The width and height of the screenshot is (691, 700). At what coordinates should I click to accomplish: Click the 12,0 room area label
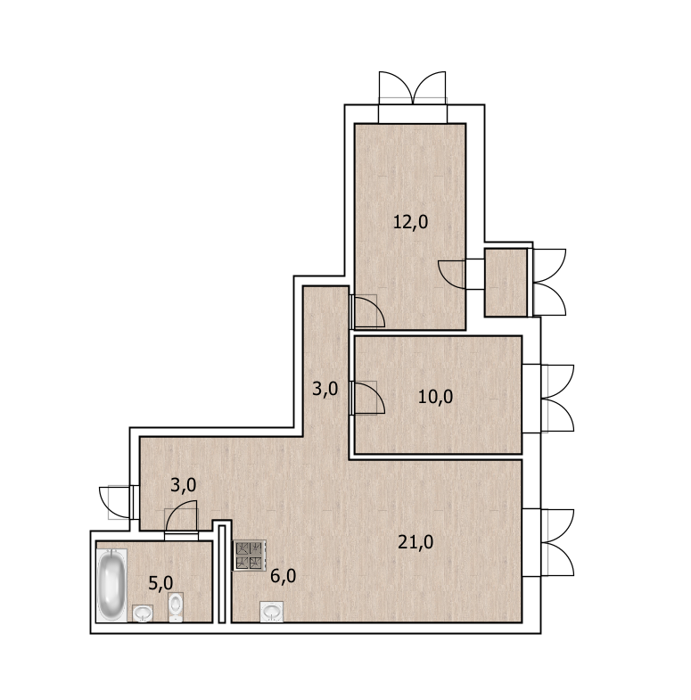410,222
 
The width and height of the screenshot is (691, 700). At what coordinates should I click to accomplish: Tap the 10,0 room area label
435,397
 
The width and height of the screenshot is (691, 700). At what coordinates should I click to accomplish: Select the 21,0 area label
415,542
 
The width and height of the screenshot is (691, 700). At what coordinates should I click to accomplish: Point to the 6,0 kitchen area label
283,576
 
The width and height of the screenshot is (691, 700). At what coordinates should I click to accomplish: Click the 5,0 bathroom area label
160,583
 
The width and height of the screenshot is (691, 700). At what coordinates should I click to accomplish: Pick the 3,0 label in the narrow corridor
325,389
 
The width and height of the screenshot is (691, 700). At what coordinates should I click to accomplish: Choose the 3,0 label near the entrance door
183,485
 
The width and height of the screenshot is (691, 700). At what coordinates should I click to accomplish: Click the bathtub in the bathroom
111,584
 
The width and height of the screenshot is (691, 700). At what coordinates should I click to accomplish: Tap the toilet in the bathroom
176,606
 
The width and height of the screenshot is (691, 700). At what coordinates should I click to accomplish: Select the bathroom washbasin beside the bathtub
143,613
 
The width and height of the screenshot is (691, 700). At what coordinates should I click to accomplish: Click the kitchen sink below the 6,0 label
271,612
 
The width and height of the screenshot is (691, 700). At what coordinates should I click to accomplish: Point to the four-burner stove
249,556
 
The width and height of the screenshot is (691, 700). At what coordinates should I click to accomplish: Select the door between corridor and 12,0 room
367,311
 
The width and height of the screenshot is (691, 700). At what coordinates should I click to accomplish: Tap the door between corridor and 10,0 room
367,398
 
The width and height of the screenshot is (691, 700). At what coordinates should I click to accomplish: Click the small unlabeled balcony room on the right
506,283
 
